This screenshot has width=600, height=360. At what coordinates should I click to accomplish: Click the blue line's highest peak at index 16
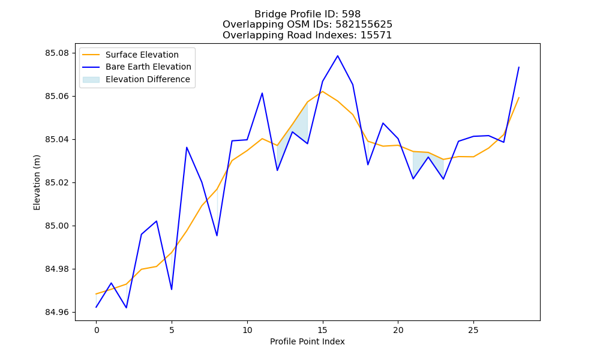point(337,56)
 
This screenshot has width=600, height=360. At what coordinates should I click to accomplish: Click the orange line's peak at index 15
point(323,91)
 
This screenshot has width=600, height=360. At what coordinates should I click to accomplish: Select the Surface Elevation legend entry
point(130,55)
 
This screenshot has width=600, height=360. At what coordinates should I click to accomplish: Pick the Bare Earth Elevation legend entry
point(137,67)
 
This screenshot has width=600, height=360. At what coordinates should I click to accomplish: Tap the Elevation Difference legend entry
point(136,79)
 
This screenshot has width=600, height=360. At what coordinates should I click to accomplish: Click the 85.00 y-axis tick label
point(58,226)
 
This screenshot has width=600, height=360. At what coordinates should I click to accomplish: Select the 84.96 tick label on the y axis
point(58,312)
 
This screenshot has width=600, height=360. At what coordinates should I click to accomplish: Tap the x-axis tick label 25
point(473,330)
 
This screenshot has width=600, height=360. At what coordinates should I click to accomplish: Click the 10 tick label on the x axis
point(247,330)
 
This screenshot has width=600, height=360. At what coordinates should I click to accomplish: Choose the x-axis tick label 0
point(97,330)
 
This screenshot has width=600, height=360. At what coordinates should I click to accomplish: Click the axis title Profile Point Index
point(307,341)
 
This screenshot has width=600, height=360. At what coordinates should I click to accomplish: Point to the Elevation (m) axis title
point(37,182)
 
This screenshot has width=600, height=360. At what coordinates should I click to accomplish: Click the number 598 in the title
point(351,14)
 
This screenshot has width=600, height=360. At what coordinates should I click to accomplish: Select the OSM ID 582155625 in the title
point(364,25)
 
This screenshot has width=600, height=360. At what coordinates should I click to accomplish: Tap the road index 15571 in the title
point(376,35)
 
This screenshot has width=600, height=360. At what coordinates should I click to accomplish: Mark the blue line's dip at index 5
point(172,289)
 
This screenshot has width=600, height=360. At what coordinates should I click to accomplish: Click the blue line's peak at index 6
point(187,147)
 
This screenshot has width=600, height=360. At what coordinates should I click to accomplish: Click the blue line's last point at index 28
point(519,67)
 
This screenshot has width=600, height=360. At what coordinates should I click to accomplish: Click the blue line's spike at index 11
point(262,93)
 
